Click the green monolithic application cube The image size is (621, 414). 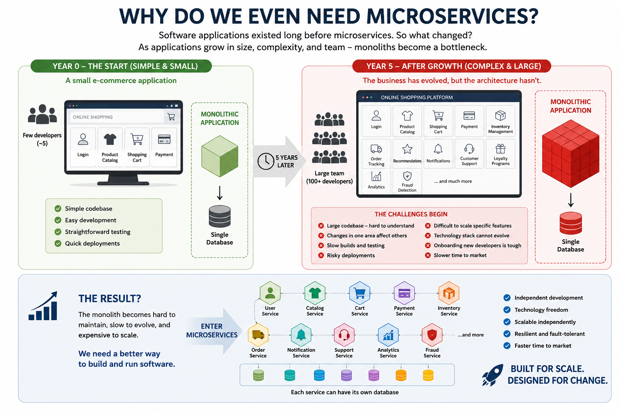(x=220, y=156)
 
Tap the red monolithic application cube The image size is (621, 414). (x=570, y=153)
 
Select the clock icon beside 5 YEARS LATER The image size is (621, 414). (x=266, y=161)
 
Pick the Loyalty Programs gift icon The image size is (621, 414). (x=501, y=149)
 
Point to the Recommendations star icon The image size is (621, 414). (x=407, y=149)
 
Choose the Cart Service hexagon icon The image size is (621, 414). (x=359, y=293)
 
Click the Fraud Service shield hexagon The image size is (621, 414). (x=432, y=335)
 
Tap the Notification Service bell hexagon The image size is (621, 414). (x=301, y=335)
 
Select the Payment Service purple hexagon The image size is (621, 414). (x=404, y=293)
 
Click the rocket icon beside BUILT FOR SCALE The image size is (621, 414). (x=493, y=375)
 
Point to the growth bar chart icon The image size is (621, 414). (x=43, y=306)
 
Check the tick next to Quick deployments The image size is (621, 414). (x=58, y=243)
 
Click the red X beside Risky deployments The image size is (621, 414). (x=321, y=256)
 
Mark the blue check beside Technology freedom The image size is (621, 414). (x=507, y=310)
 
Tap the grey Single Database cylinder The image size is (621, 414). (x=220, y=216)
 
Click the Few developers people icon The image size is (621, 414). (x=42, y=114)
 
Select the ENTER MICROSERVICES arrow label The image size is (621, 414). (x=212, y=331)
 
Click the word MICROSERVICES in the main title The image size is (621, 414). (x=452, y=16)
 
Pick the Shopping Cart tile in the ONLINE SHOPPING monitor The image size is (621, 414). (x=137, y=147)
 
